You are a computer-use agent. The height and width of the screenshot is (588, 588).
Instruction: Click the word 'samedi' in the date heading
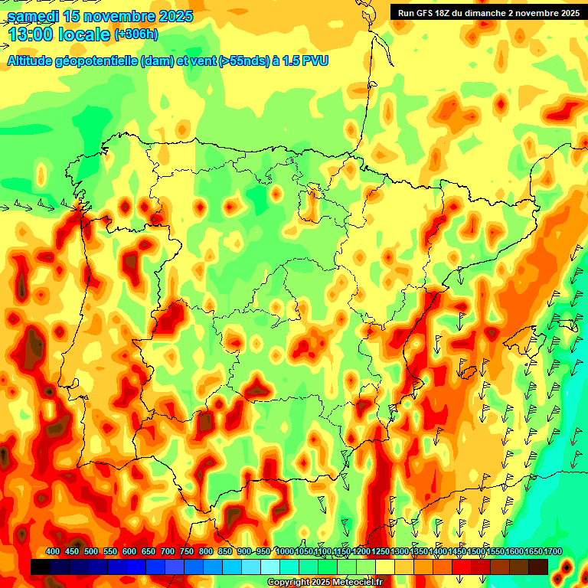33,16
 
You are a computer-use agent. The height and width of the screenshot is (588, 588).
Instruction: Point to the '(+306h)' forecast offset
136,34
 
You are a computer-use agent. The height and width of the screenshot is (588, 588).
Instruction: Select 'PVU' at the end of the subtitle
315,60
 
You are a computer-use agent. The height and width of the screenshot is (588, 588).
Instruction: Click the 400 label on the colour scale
53,552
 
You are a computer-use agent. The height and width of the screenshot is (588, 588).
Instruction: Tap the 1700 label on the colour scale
552,552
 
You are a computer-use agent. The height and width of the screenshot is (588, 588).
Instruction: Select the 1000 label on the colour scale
285,552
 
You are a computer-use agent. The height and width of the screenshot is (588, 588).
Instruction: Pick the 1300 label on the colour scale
400,552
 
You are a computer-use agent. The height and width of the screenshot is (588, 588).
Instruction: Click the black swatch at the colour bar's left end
40,567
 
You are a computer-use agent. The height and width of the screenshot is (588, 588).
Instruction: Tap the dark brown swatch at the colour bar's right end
538,567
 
